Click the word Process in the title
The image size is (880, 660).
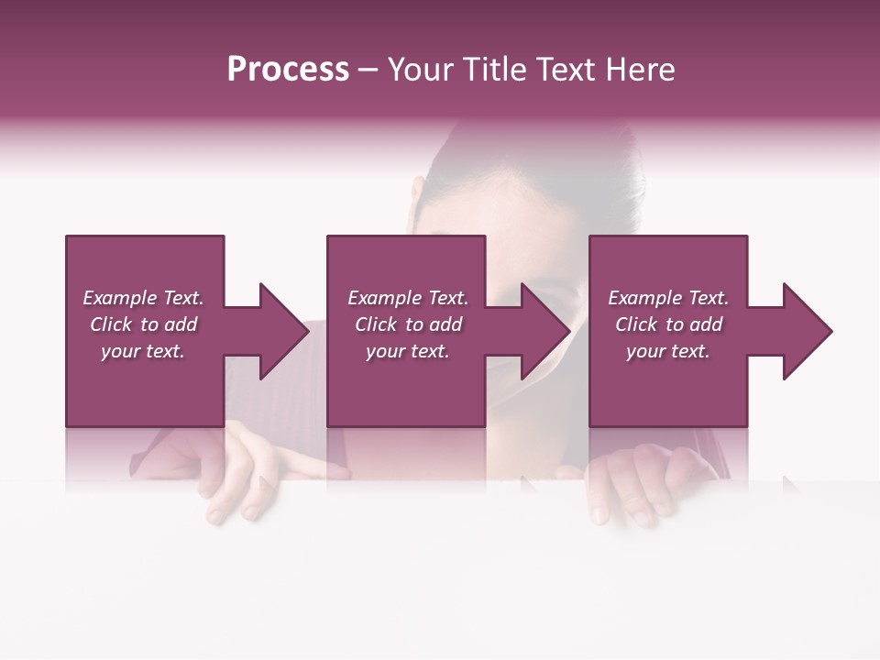tap(288, 70)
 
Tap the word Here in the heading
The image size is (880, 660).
tap(641, 70)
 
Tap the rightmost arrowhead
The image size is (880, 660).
tap(801, 331)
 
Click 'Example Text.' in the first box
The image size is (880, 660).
tap(143, 298)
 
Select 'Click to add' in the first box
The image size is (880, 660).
tap(143, 324)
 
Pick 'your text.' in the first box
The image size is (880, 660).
tap(143, 351)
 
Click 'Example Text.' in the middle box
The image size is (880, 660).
tap(408, 298)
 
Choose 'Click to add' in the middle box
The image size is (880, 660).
tap(408, 324)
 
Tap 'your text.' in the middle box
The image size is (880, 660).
tap(408, 351)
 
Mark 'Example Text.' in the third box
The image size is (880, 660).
tap(668, 298)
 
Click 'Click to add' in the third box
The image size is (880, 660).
tap(668, 324)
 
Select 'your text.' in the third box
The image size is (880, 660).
tap(668, 351)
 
